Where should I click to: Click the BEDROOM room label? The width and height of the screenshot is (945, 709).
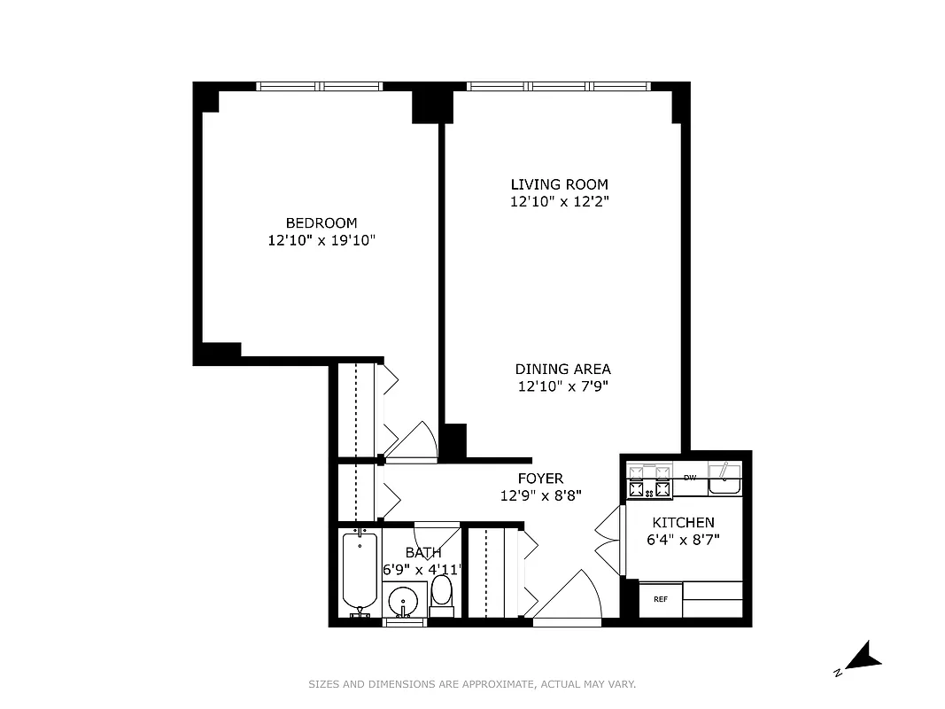[x=321, y=222]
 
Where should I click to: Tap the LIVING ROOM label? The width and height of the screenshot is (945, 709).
[x=559, y=184]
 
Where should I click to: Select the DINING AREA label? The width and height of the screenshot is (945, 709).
[x=562, y=369]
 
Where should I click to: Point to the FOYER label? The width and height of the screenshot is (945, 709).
[x=540, y=479]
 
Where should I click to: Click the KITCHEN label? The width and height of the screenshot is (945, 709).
[x=683, y=522]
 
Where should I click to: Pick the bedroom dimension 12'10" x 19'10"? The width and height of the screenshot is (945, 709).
[x=321, y=240]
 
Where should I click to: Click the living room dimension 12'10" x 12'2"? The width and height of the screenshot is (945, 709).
[x=559, y=202]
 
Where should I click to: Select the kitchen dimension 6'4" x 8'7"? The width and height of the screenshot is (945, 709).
[x=683, y=540]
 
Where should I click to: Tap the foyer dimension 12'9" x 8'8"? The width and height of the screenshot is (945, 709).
[x=540, y=496]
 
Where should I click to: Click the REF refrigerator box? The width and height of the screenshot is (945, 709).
[x=660, y=599]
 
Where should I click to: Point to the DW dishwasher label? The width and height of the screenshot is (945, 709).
[x=690, y=478]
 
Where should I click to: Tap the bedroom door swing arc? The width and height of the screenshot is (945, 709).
[x=416, y=440]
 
